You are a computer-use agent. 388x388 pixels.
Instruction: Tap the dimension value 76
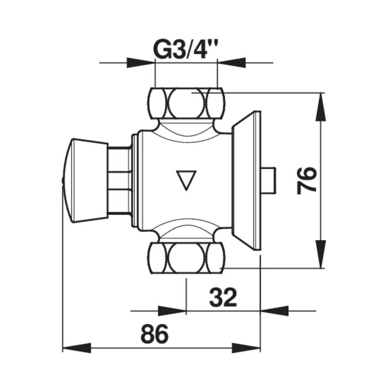[307, 180]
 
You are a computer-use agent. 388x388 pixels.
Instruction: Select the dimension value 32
[223, 297]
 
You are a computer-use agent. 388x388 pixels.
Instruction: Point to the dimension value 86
[155, 334]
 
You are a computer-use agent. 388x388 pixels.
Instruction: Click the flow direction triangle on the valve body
[187, 180]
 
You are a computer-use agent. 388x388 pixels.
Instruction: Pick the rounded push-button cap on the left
[85, 181]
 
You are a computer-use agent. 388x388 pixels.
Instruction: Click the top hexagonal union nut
[187, 103]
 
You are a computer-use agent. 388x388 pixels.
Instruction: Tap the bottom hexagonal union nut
[187, 258]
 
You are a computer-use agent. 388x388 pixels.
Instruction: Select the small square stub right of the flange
[268, 180]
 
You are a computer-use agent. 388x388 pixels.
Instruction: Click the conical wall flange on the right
[246, 180]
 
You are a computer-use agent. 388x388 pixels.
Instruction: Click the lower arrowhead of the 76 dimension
[321, 254]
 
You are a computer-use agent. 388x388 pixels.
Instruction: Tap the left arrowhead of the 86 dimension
[77, 348]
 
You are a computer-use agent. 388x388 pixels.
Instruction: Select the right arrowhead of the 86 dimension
[246, 348]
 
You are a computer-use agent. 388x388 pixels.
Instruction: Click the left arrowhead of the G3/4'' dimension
[141, 63]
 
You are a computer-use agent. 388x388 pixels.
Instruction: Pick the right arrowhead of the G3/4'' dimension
[231, 63]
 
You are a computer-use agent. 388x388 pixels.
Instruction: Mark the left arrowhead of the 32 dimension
[172, 311]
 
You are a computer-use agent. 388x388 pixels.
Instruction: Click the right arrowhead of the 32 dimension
[275, 311]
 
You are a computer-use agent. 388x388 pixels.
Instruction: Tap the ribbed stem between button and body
[120, 181]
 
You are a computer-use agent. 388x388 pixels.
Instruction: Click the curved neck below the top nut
[187, 129]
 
